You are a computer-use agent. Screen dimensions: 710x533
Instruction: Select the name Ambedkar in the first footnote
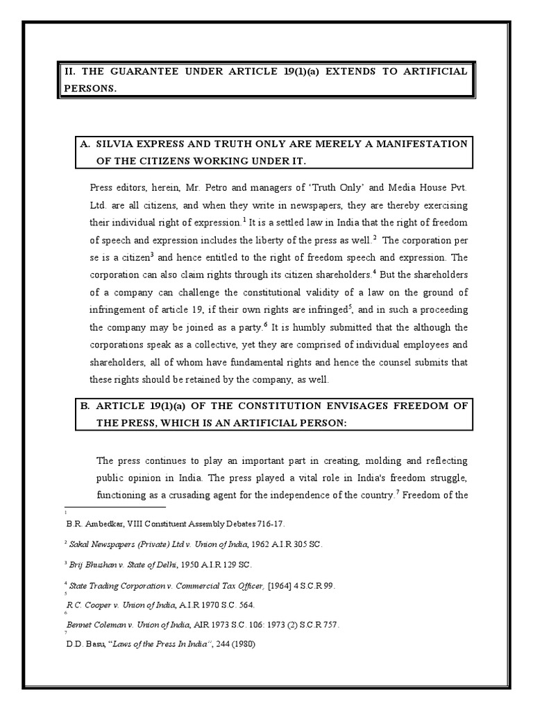tap(102, 524)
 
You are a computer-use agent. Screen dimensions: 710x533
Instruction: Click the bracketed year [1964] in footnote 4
tap(280, 586)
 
